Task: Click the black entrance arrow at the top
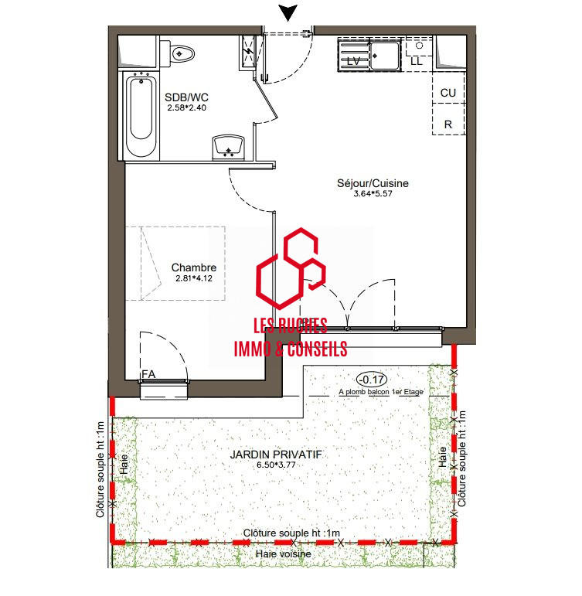[288, 12]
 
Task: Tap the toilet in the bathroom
[180, 53]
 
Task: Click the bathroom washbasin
[228, 145]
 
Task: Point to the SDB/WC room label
[186, 97]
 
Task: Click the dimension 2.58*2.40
[186, 108]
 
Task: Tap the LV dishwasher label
[355, 60]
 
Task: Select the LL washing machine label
[417, 60]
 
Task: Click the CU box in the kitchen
[448, 93]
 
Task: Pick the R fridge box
[448, 124]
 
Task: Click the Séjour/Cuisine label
[373, 184]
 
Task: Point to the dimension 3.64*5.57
[373, 195]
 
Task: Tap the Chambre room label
[193, 268]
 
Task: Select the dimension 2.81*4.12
[193, 278]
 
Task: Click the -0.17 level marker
[371, 379]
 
